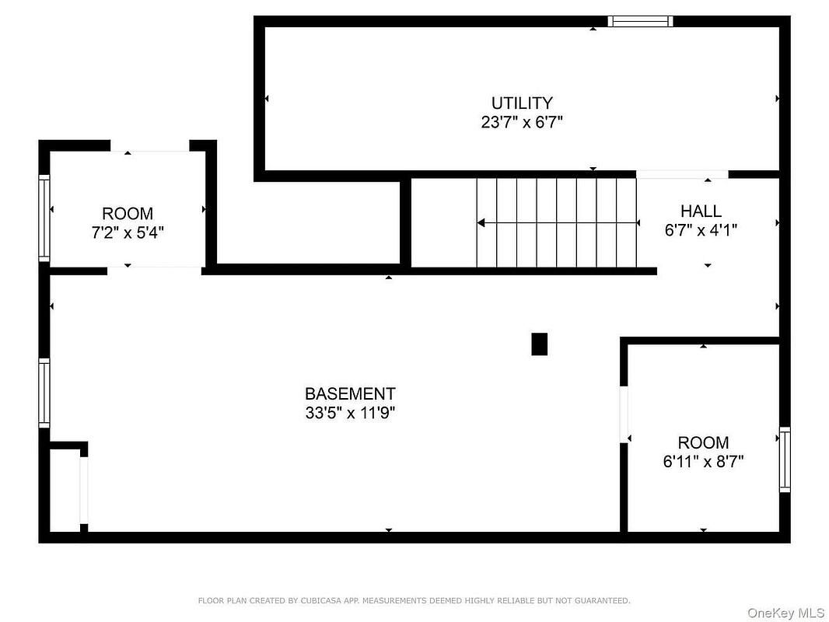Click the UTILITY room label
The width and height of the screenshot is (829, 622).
click(x=522, y=103)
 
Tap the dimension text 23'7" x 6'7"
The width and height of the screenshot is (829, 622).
click(x=522, y=122)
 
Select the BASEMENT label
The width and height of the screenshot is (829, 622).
click(x=350, y=394)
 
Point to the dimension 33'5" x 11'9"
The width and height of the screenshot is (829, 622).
click(x=350, y=413)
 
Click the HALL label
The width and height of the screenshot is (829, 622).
click(x=701, y=211)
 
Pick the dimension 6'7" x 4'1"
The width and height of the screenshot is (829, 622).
click(x=701, y=230)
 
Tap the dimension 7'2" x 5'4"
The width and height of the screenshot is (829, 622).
click(x=128, y=232)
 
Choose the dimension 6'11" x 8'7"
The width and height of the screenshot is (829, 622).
click(x=703, y=462)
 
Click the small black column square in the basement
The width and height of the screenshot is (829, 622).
click(x=539, y=344)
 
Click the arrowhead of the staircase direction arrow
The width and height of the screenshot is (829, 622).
click(x=481, y=223)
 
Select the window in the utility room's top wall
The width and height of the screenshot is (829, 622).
click(x=640, y=22)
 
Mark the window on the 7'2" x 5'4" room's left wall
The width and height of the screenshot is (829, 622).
click(x=44, y=218)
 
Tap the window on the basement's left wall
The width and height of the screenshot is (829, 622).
click(x=44, y=393)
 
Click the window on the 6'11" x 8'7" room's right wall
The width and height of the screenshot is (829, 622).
click(x=785, y=460)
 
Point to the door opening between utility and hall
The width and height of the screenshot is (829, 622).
click(x=682, y=174)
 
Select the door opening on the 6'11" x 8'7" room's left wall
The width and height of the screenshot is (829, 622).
click(x=624, y=414)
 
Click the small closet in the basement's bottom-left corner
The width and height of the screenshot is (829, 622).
click(x=65, y=490)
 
